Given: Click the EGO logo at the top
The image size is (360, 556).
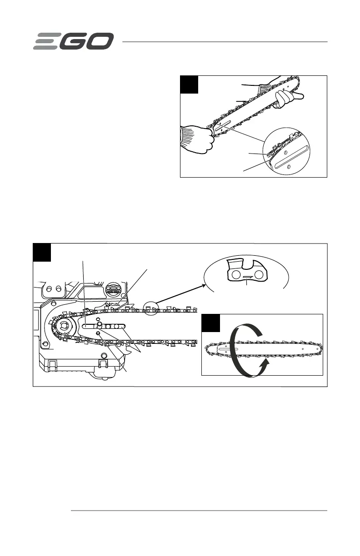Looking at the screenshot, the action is tap(73, 42).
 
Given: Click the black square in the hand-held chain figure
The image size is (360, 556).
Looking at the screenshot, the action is tap(189, 84).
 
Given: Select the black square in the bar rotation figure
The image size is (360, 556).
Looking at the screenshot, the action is tap(210, 323).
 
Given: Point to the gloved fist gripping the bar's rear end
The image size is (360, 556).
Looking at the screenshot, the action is tap(196, 139).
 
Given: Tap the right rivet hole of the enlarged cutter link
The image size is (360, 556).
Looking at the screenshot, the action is tap(258, 275).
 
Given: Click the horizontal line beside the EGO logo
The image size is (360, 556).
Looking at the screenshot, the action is tap(225, 42).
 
